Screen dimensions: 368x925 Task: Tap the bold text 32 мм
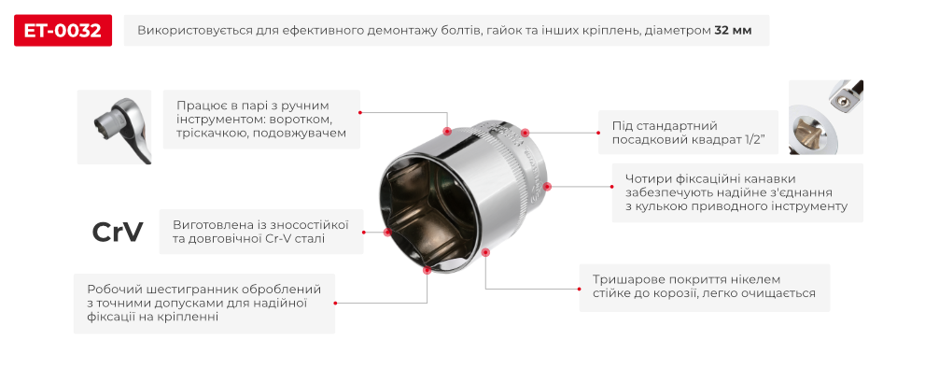coord(735,31)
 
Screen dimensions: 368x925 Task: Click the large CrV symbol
coord(118,233)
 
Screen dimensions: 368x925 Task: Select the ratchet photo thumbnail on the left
coord(114,126)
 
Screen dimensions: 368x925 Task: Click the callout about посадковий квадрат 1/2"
coord(689,132)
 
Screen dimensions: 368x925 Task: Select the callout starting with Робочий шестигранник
coord(204,303)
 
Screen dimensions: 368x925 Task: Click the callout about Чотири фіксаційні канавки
coord(737,192)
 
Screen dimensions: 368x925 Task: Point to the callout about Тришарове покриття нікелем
coord(705,286)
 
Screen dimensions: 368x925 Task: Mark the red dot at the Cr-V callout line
coord(385,232)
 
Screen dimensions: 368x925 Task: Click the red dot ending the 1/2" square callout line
coord(526,133)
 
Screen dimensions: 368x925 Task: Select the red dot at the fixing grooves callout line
coord(548,186)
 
